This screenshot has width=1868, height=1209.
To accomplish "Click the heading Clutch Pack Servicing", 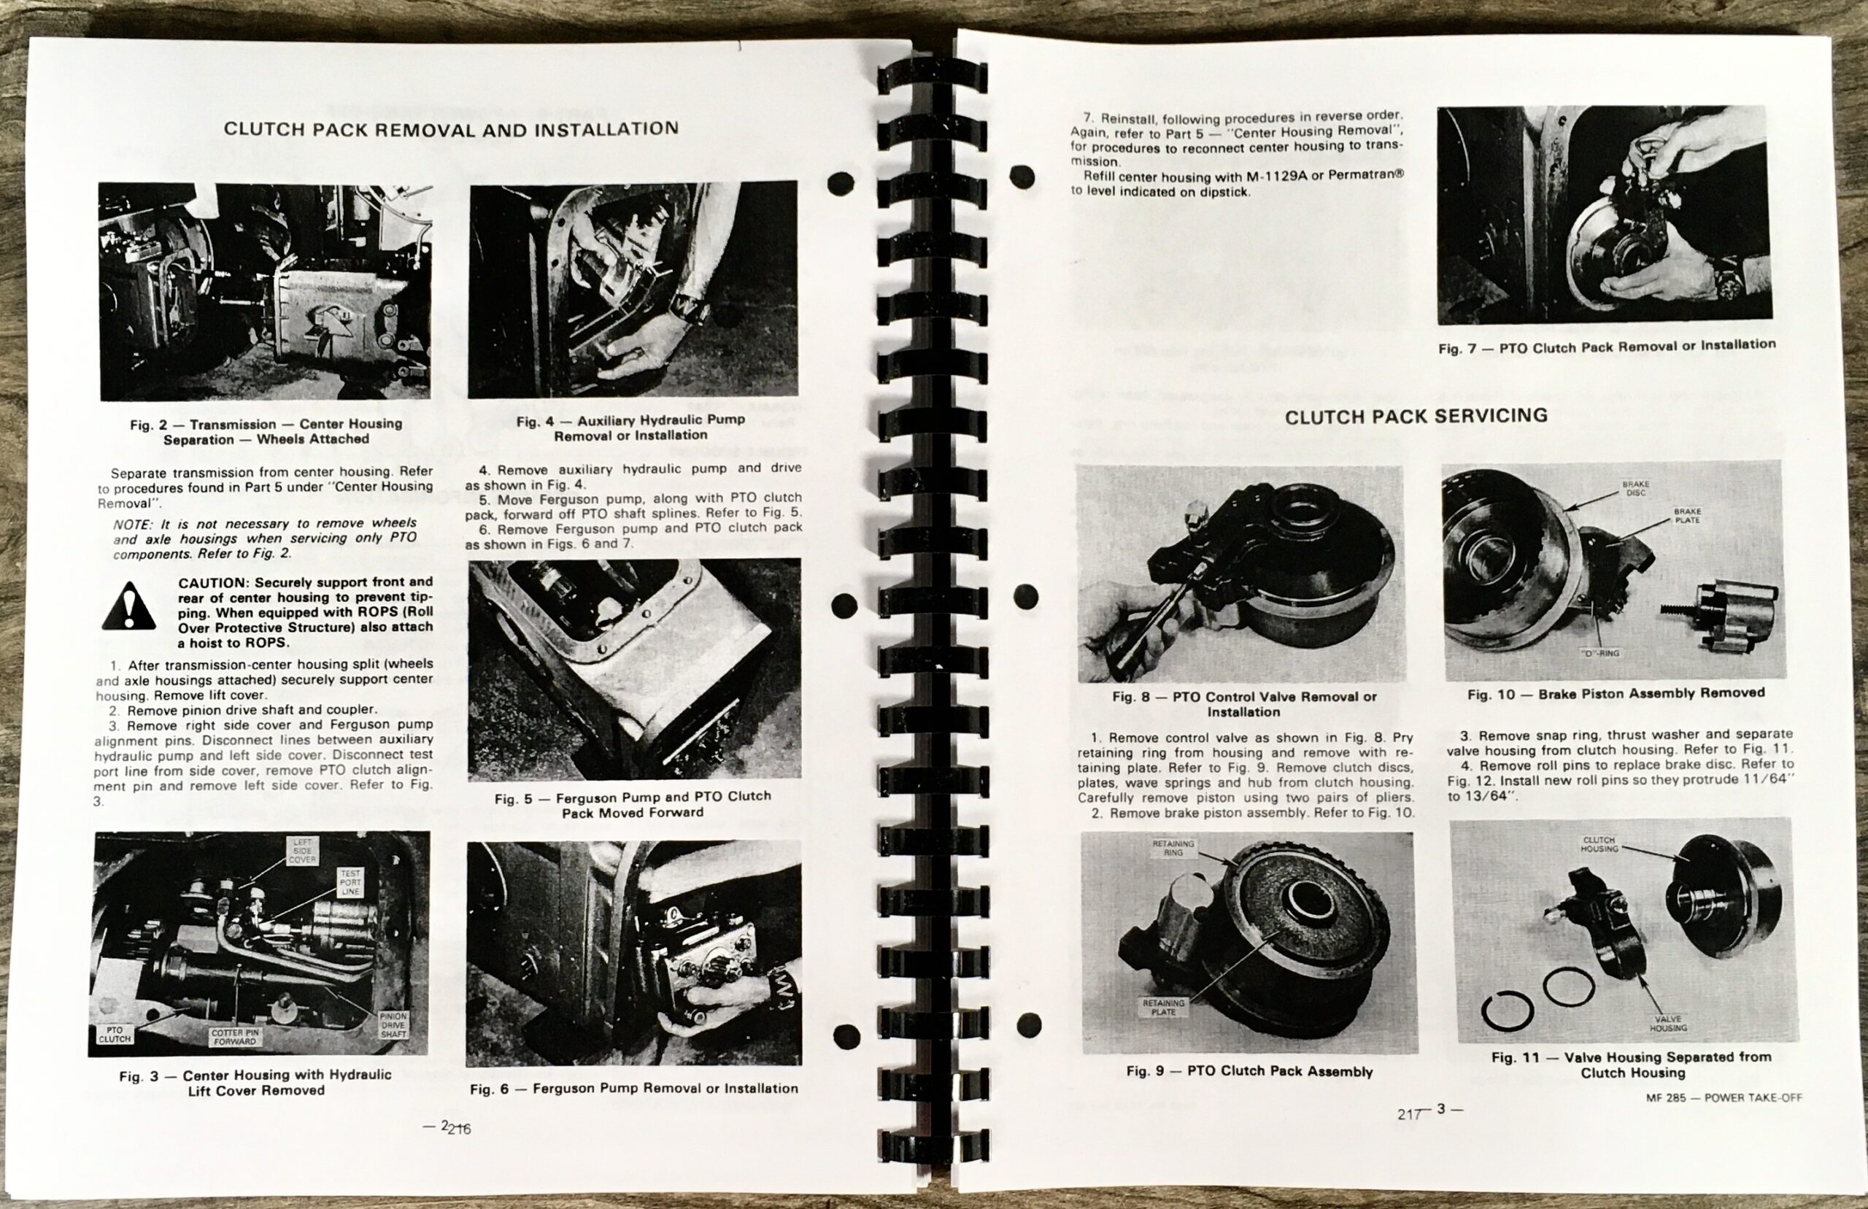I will (1416, 416).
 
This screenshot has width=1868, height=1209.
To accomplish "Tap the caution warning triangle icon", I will (128, 607).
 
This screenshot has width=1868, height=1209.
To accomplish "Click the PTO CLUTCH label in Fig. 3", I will (115, 1034).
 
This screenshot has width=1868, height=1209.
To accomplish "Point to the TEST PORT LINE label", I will (350, 881).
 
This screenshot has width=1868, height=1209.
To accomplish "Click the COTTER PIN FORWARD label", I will (234, 1037).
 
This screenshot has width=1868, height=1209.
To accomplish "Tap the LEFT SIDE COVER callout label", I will (302, 850).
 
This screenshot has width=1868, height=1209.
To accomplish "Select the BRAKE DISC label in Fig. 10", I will (1637, 488).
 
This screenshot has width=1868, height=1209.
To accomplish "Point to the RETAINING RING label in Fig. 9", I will (1173, 848).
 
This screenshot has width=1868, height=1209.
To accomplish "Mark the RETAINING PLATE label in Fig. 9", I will (1163, 1007).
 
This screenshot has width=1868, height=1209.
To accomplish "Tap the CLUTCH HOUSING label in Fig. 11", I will (1599, 844).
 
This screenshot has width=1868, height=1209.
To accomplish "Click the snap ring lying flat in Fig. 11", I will (1508, 1011).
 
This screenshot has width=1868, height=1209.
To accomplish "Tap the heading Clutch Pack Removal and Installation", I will (451, 128).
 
